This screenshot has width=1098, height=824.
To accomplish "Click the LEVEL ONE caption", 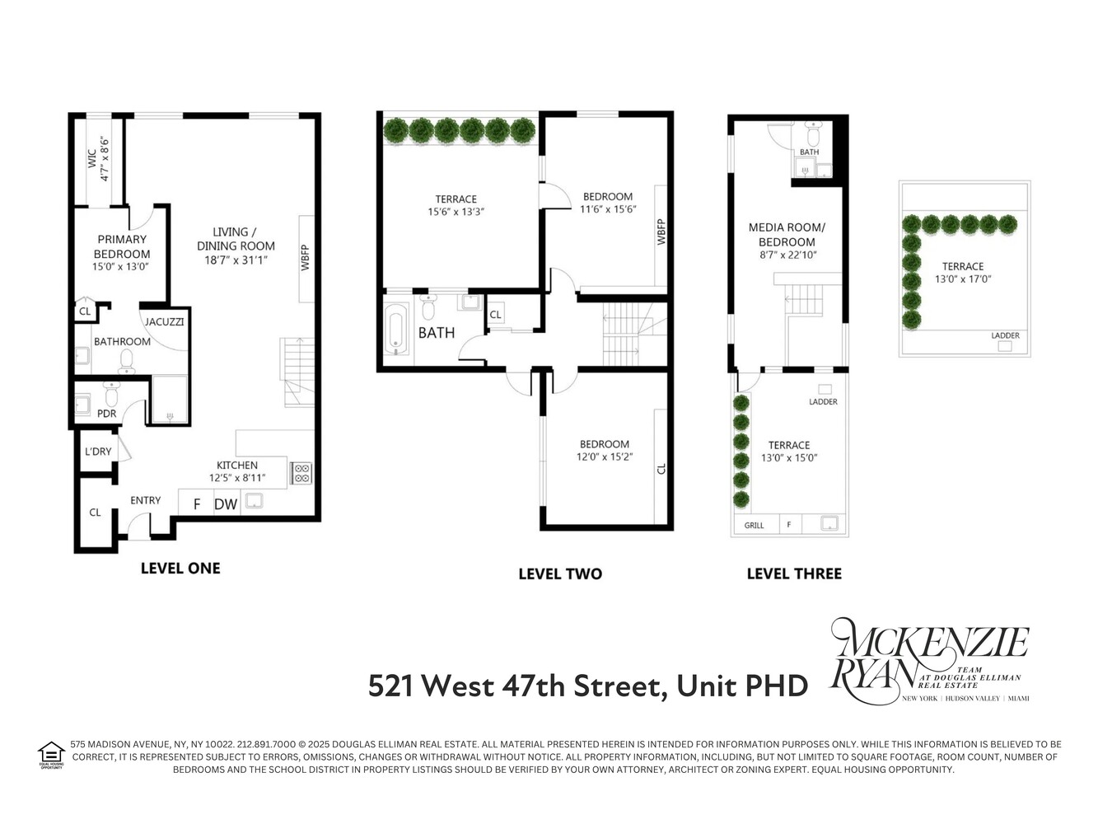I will (x=180, y=568).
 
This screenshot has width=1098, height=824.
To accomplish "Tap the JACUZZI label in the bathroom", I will (x=165, y=321).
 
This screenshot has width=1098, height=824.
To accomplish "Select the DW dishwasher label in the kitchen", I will (x=226, y=504).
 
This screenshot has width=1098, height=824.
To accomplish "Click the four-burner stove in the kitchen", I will (x=301, y=473).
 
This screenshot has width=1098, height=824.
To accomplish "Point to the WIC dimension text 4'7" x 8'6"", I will (x=105, y=158).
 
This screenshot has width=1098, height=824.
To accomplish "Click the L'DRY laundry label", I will (x=98, y=452).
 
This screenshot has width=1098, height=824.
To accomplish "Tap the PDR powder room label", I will (x=107, y=414).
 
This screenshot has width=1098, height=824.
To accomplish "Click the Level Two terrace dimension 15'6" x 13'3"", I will (x=456, y=212).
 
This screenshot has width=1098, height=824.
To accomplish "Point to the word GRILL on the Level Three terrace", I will (x=754, y=525).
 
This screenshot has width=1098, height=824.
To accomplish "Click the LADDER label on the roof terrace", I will (x=1005, y=335).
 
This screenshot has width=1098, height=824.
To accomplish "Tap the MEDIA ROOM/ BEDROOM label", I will (x=787, y=235).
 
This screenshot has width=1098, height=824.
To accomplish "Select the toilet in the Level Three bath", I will (x=813, y=135).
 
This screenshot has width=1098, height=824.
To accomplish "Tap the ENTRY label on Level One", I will (x=146, y=500).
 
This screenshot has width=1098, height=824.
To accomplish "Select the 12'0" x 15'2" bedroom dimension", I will (x=604, y=457).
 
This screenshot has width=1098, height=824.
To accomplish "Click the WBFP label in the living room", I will (x=306, y=256).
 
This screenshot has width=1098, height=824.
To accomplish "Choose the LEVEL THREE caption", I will (x=794, y=574).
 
